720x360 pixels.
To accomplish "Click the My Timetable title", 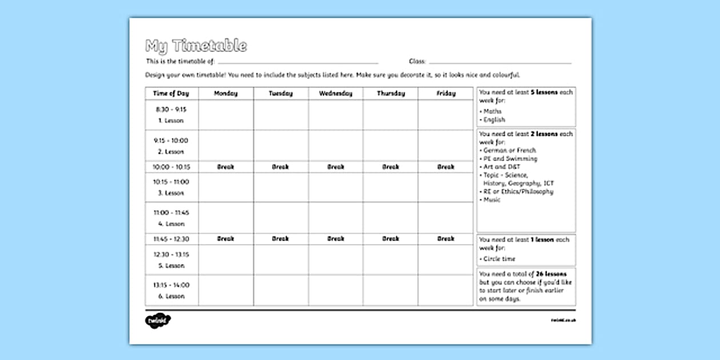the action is click(196, 46).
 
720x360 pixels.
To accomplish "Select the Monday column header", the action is click(226, 93).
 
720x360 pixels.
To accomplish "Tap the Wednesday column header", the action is click(335, 93).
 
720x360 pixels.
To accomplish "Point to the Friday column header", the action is click(446, 93).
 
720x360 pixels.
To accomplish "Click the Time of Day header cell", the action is click(171, 93).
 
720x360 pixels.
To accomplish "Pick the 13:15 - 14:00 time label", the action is click(171, 285).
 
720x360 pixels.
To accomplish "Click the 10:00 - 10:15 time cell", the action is click(171, 167).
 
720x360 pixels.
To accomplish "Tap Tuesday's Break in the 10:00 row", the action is click(281, 167).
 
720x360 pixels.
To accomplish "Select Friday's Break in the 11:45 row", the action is click(446, 239).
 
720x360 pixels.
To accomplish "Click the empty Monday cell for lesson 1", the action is click(226, 114).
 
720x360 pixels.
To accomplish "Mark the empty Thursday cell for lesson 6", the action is click(390, 290).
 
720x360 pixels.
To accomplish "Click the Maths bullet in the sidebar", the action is click(492, 111).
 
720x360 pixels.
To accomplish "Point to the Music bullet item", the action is click(491, 200).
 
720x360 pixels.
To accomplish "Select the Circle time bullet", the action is click(498, 259).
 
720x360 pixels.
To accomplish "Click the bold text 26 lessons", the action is click(551, 274).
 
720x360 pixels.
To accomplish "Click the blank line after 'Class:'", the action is click(500, 62).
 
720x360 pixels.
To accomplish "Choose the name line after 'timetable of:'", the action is click(298, 62).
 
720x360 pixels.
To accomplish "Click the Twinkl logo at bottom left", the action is click(158, 321).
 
